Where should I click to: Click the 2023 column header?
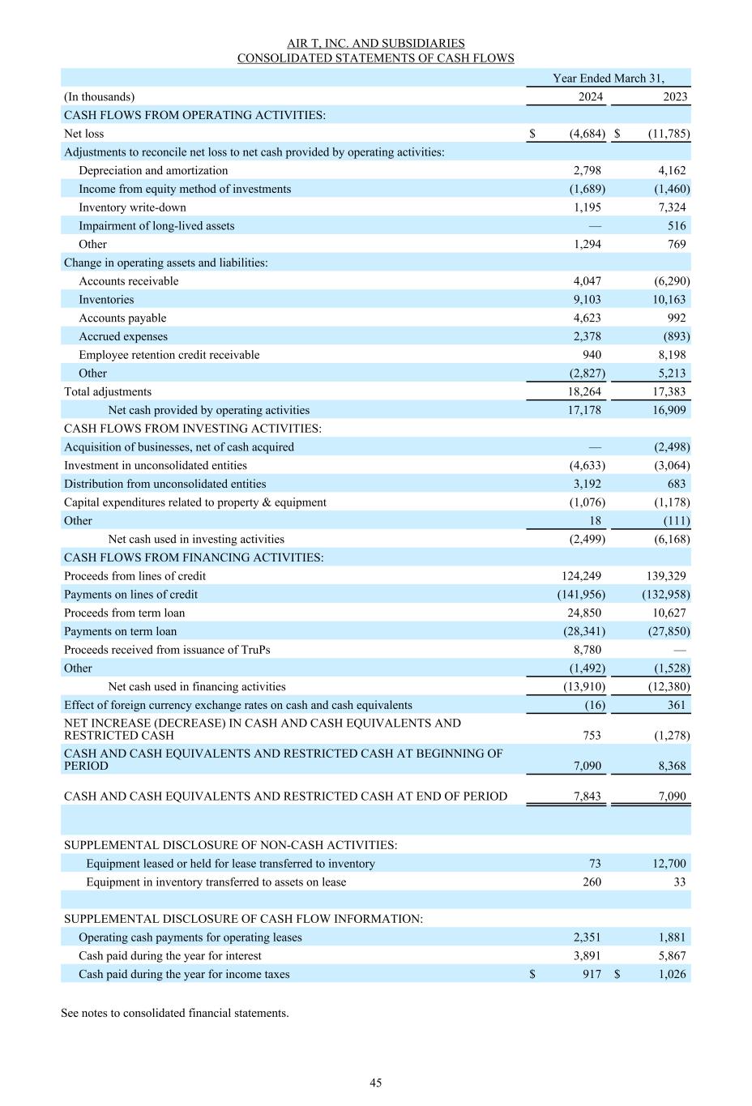(x=674, y=96)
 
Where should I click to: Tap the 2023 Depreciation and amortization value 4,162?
(x=671, y=170)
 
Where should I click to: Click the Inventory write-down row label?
(x=132, y=207)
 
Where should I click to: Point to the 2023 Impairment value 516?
(x=676, y=226)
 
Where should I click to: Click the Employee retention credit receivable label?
(x=169, y=355)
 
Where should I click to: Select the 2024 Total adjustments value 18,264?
(x=583, y=391)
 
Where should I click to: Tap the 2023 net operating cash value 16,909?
(x=669, y=410)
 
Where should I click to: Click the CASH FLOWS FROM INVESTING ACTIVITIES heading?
(x=192, y=429)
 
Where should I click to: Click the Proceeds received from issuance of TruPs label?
(x=167, y=650)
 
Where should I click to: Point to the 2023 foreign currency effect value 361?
(x=676, y=705)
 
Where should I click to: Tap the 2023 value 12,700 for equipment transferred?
(x=669, y=864)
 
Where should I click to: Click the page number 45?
(x=375, y=1083)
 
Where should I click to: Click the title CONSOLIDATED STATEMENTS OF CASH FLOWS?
(x=375, y=58)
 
